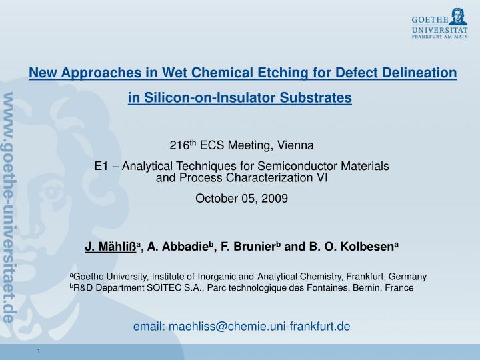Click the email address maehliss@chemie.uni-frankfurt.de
point(259,325)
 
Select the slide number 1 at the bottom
point(40,351)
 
